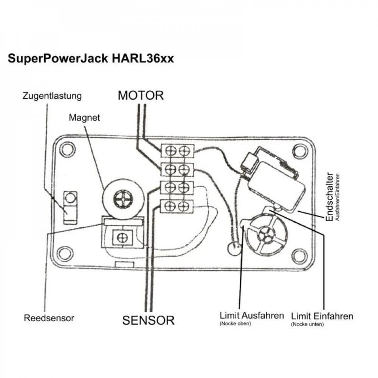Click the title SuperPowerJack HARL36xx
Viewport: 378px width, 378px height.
click(x=91, y=59)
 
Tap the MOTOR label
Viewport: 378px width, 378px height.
click(x=141, y=95)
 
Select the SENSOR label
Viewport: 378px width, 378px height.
click(x=148, y=321)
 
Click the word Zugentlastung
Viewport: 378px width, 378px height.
click(x=52, y=96)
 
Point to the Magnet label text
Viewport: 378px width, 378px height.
click(x=84, y=118)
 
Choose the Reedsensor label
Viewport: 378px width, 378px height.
click(x=49, y=318)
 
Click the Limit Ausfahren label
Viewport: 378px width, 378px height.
click(x=252, y=316)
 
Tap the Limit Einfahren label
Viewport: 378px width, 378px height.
click(x=322, y=316)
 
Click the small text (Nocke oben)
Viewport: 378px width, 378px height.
click(x=235, y=324)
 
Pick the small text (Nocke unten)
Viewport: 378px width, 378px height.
click(x=307, y=324)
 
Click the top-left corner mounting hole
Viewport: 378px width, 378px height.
click(x=67, y=149)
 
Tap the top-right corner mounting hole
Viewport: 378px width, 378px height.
click(x=299, y=151)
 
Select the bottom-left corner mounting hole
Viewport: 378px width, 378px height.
click(x=65, y=253)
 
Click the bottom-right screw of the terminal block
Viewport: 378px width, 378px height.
click(x=184, y=206)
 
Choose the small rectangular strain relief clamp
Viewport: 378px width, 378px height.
click(x=70, y=207)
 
